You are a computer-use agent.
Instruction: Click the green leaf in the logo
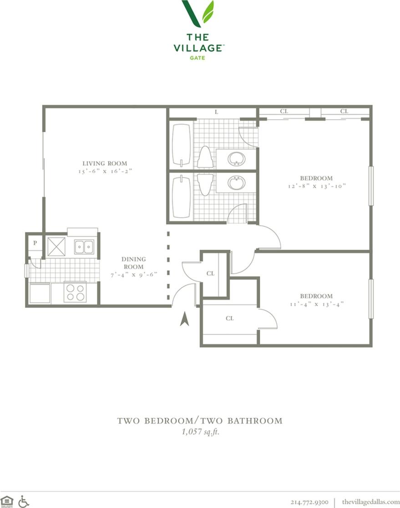pos(208,12)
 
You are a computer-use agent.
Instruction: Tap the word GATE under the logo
pos(197,58)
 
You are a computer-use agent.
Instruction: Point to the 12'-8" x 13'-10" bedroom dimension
pos(316,186)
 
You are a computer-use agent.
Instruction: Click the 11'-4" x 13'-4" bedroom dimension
pos(316,303)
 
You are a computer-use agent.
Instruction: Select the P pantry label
pos(35,243)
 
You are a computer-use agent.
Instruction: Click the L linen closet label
pos(216,112)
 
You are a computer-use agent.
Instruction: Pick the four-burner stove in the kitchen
pos(75,292)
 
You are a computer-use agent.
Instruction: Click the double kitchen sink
pos(84,246)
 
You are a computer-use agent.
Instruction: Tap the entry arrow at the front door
pos(184,319)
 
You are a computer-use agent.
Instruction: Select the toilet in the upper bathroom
pos(204,157)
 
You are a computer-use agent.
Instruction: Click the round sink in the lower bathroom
pos(236,183)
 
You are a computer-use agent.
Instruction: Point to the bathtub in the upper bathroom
pos(182,145)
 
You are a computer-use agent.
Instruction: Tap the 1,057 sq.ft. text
pos(200,432)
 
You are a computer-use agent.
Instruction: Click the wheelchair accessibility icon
pos(24,501)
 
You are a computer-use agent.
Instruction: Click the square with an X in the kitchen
pos(57,246)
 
